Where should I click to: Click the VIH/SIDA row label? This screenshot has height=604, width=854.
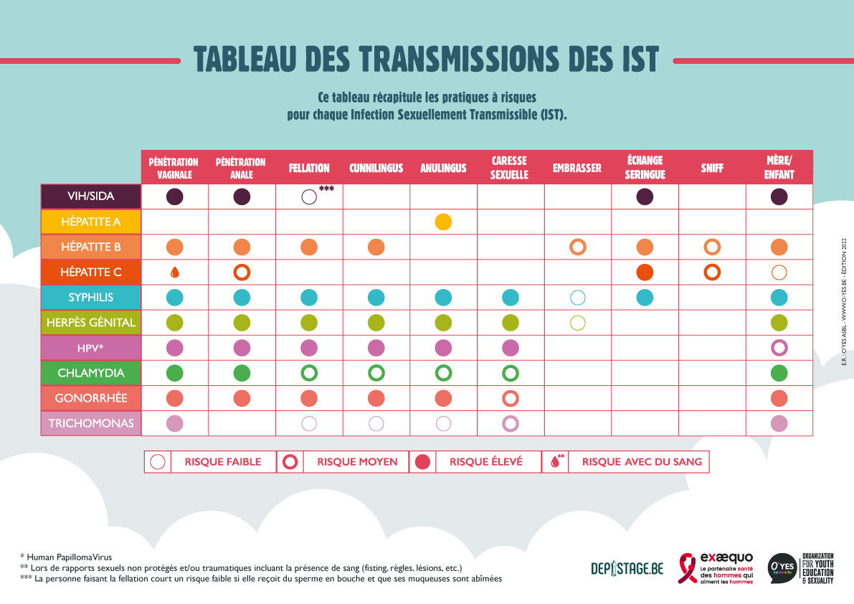click(91, 197)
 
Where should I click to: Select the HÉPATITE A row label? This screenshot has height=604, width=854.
click(91, 222)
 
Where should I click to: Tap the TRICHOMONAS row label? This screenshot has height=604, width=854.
click(91, 423)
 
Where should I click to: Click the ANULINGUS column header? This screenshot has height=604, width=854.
click(443, 169)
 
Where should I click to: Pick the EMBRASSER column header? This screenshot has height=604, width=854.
click(577, 169)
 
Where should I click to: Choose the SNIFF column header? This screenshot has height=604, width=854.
click(712, 169)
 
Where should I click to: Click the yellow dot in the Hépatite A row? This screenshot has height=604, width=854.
click(443, 222)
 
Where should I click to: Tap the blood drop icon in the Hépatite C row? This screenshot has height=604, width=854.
click(174, 273)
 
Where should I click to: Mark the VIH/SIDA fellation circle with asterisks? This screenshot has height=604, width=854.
click(309, 197)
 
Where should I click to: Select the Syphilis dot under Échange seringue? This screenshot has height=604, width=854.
click(645, 297)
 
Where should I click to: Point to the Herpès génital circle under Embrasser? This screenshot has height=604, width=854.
click(577, 323)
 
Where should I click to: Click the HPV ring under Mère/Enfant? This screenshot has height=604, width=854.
click(779, 348)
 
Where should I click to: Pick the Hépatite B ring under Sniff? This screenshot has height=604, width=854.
click(712, 247)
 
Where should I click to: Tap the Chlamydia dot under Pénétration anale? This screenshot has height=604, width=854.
click(242, 373)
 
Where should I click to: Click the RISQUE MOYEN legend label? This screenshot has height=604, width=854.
click(357, 462)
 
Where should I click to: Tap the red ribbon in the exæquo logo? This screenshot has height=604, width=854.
click(687, 568)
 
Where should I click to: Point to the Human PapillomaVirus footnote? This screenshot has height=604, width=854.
click(66, 556)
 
